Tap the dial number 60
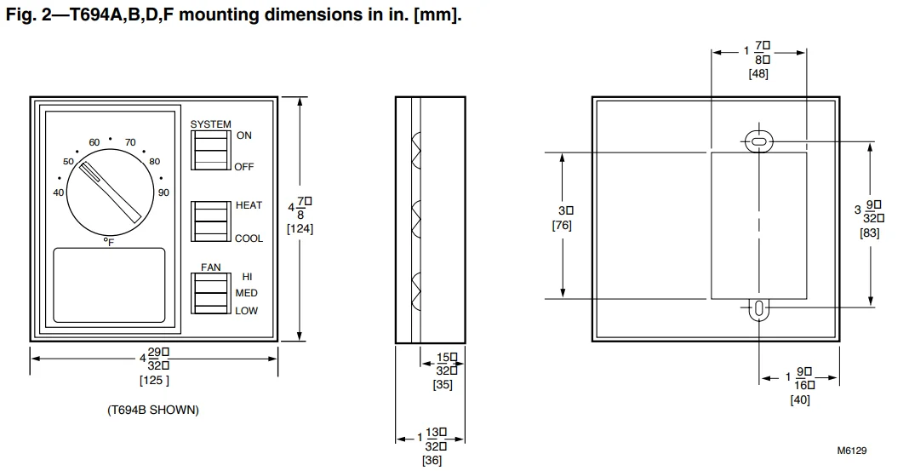(x=94, y=142)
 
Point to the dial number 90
(x=163, y=192)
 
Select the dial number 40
(x=58, y=192)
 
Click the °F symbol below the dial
(x=109, y=243)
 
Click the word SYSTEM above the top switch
(x=210, y=124)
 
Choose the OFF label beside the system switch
(x=244, y=167)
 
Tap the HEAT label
(x=249, y=205)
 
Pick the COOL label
(x=249, y=238)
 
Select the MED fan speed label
(x=246, y=293)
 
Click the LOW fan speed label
(x=246, y=311)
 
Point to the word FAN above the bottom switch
(x=210, y=267)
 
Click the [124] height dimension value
(x=300, y=229)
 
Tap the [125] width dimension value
(x=154, y=380)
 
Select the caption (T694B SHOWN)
(x=153, y=410)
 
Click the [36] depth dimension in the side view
(x=432, y=461)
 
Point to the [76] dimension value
(x=562, y=226)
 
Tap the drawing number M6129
(x=851, y=451)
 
